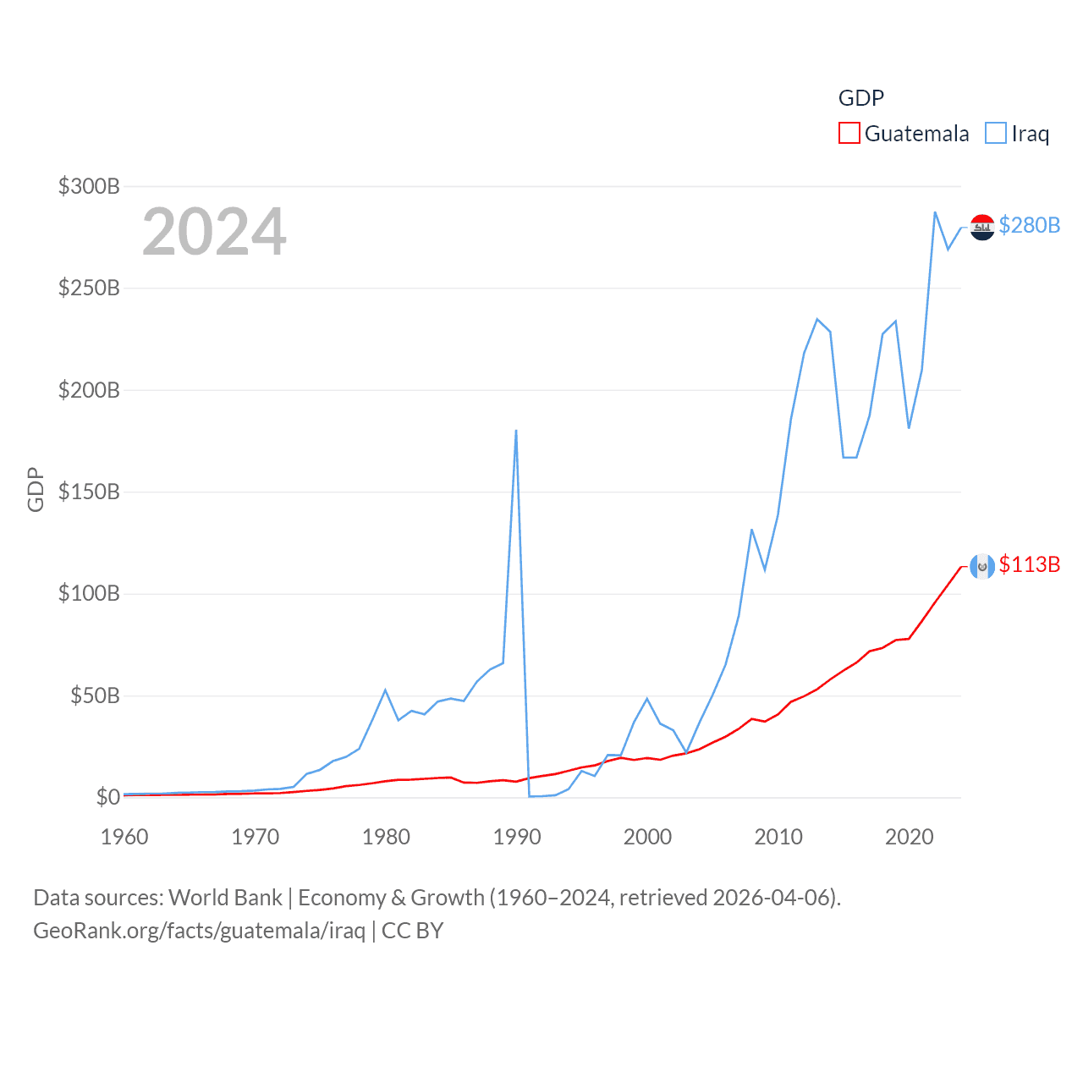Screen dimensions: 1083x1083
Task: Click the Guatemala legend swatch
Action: tap(849, 134)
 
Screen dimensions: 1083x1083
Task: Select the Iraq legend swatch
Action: tap(996, 134)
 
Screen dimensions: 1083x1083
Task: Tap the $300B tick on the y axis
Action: tap(89, 186)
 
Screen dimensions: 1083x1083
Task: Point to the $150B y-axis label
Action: tap(89, 492)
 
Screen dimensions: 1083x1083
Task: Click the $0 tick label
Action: tap(107, 797)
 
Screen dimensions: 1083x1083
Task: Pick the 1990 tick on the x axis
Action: tap(516, 837)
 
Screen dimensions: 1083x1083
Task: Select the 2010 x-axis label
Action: tap(778, 837)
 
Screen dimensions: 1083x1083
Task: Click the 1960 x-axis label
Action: tap(124, 837)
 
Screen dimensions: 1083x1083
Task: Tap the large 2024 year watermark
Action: tap(214, 232)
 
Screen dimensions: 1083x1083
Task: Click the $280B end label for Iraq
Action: tap(1029, 225)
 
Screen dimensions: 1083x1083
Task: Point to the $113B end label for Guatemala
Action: tap(1029, 564)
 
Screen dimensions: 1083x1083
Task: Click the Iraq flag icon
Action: tap(982, 227)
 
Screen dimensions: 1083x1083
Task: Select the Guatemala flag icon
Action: tap(982, 566)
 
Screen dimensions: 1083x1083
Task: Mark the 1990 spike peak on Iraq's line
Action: tap(516, 431)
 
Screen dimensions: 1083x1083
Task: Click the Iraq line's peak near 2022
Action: tap(935, 212)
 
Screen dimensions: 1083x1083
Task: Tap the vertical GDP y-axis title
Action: tap(36, 489)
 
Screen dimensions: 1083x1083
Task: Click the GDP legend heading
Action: tap(860, 98)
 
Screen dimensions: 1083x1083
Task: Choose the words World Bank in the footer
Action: tap(225, 897)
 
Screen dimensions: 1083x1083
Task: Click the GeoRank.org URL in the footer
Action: tap(199, 931)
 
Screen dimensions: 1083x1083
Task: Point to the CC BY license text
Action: tap(412, 931)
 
